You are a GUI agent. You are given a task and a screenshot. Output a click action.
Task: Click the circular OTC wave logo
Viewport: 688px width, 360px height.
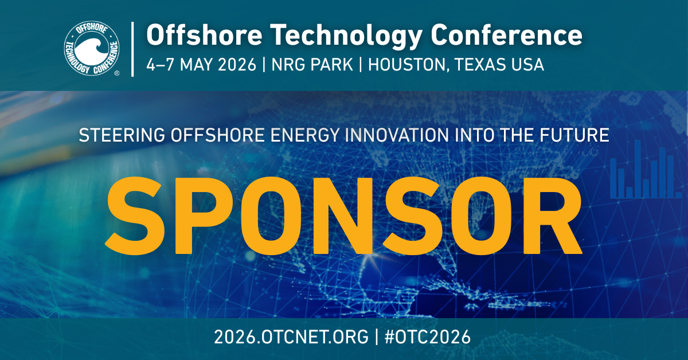[x=92, y=48]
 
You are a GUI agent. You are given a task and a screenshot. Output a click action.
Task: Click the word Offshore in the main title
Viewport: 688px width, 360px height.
[x=204, y=35]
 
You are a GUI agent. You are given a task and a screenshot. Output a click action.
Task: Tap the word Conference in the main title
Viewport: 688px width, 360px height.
[x=506, y=35]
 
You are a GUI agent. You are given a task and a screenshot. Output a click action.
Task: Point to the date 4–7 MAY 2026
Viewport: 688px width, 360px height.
[x=201, y=65]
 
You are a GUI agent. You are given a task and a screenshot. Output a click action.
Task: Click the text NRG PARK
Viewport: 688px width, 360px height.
[x=312, y=65]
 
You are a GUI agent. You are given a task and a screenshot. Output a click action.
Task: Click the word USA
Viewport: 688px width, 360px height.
[x=527, y=65]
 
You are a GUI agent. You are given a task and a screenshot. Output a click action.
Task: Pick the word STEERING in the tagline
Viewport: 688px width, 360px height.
[x=122, y=135]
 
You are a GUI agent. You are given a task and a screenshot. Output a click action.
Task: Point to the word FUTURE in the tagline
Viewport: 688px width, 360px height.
[x=574, y=135]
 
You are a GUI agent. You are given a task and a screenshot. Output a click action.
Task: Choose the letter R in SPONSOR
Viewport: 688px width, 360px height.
[x=552, y=216]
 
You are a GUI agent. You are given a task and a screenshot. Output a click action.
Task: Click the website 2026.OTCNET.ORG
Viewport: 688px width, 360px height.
[x=291, y=337]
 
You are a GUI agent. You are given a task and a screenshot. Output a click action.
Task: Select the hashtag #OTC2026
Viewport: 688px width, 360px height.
[x=428, y=337]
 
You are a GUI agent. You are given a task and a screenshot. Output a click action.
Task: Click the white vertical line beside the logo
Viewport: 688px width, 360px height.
[x=132, y=49]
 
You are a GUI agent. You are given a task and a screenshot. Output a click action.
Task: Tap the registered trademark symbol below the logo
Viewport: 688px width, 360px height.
[x=117, y=73]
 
